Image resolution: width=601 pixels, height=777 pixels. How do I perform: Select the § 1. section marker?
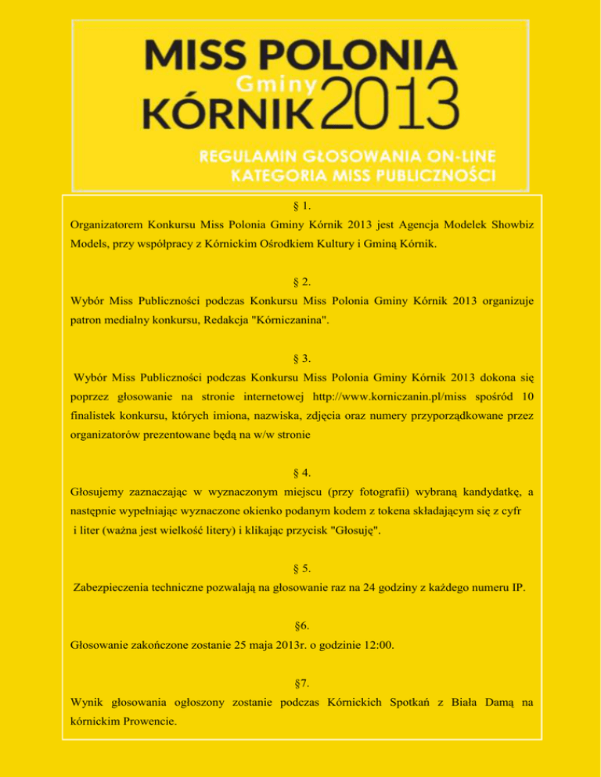click(301, 206)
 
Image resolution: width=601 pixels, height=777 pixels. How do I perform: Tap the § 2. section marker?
click(301, 282)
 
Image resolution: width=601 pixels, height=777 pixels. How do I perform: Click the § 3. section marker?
click(301, 358)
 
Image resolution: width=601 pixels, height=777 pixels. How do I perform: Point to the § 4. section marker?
click(301, 473)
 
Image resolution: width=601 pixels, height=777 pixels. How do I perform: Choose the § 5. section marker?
click(301, 568)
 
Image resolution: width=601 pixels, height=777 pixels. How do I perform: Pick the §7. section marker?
click(301, 682)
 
